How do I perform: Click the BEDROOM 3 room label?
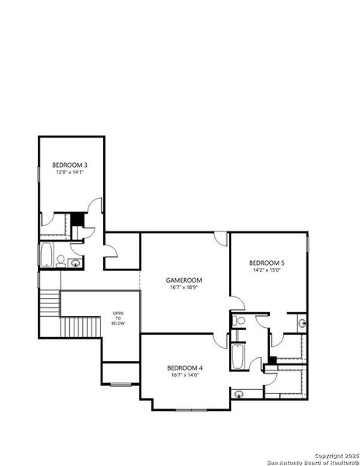coord(68,165)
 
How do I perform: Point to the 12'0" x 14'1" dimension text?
coord(68,172)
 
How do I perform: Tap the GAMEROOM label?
coord(184,280)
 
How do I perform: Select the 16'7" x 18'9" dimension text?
coord(184,287)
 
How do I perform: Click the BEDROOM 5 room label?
coord(268,263)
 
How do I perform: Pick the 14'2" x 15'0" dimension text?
coord(268,271)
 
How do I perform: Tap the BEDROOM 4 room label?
coord(185,367)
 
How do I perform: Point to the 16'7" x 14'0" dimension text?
coord(185,374)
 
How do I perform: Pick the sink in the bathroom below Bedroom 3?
coord(75,263)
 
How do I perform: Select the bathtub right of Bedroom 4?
coord(238,358)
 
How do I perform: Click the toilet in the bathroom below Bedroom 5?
coord(240,320)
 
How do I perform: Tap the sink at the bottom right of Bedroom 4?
coord(239,394)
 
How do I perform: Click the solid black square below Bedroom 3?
coord(77,218)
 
